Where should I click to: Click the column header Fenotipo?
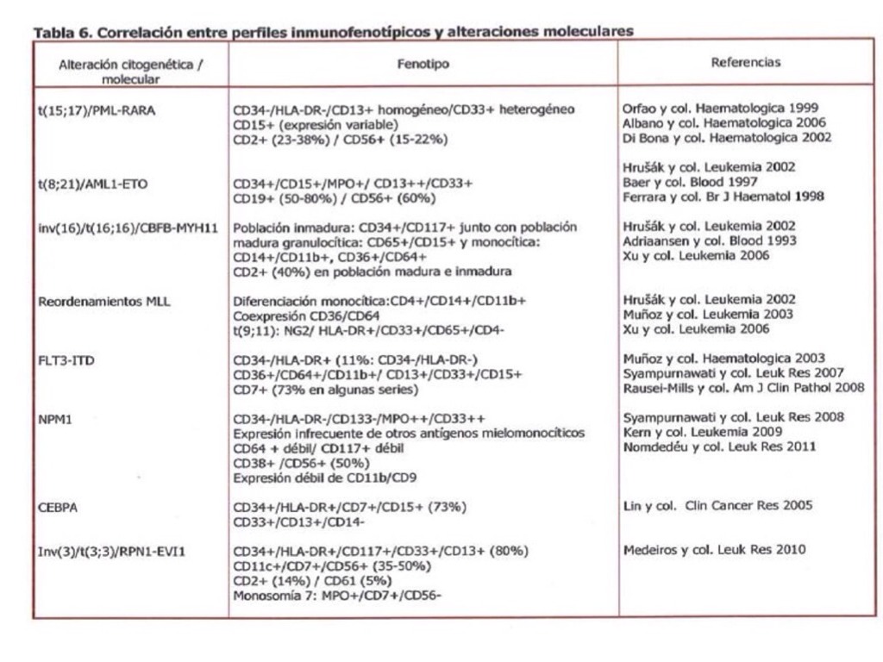(423, 64)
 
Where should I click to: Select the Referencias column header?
(746, 62)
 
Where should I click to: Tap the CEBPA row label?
(59, 507)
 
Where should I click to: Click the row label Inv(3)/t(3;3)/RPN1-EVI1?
(111, 551)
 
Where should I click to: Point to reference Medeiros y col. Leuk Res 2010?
(715, 550)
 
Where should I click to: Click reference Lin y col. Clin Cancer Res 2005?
(717, 506)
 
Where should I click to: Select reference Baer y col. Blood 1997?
(690, 182)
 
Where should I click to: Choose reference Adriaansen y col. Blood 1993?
(709, 241)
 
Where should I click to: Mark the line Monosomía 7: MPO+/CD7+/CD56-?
(337, 595)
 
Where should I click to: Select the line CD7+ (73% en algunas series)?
(325, 390)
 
